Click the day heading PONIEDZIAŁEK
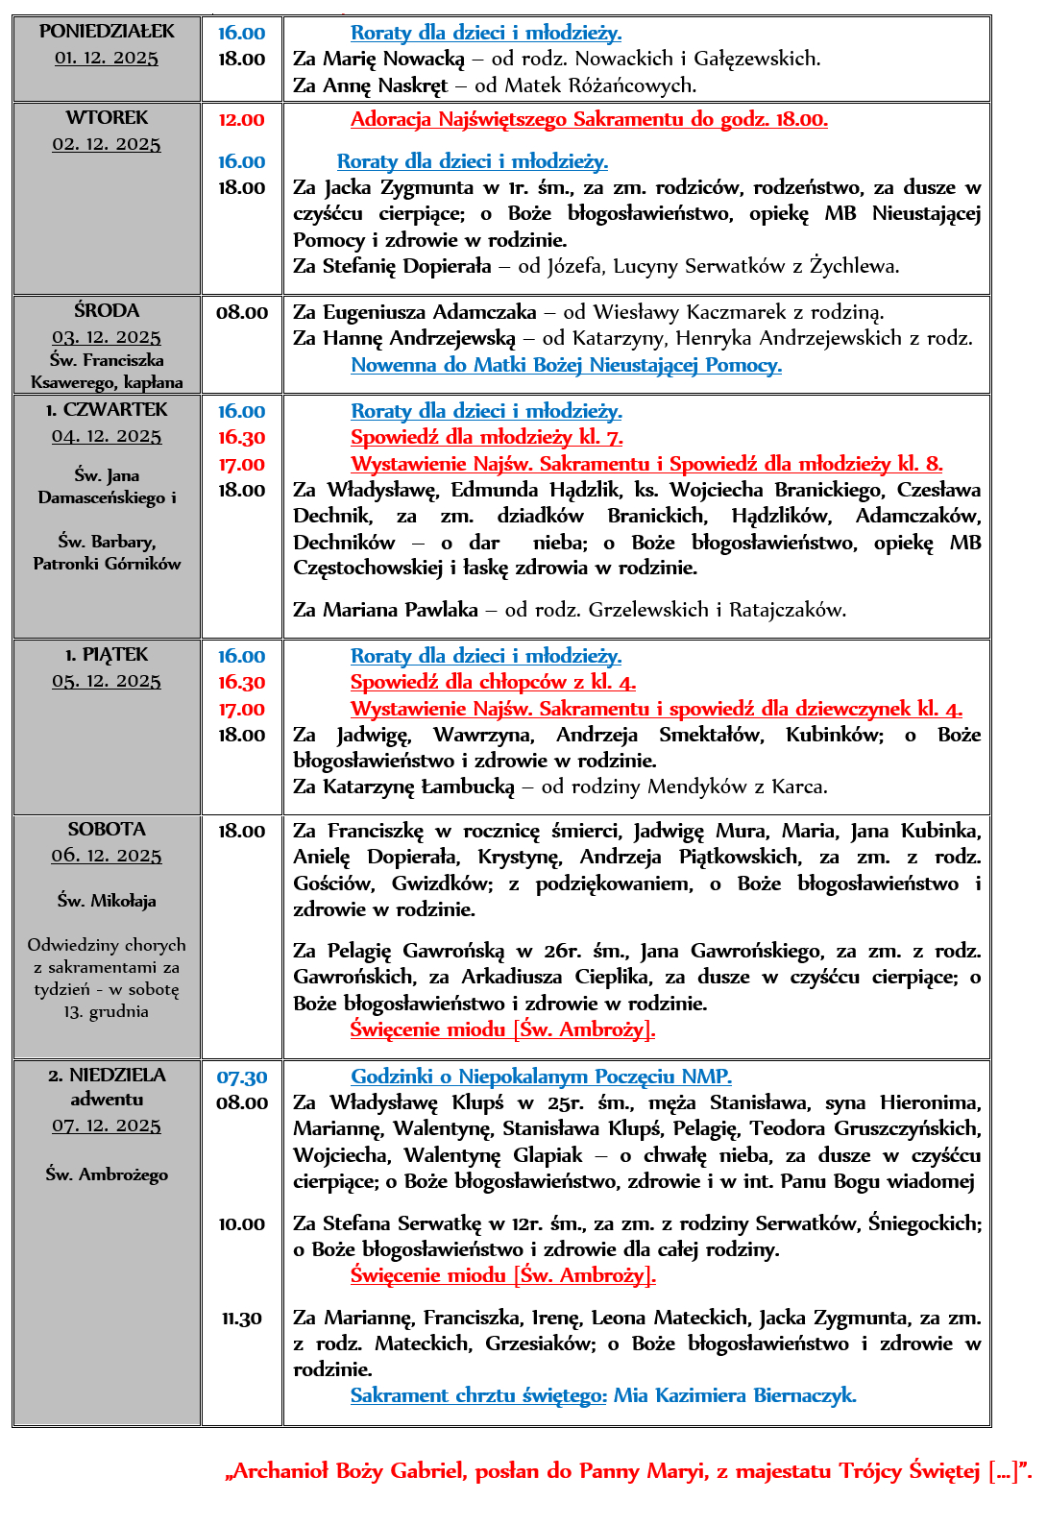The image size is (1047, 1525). pyautogui.click(x=107, y=32)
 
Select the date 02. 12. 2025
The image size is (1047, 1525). pyautogui.click(x=107, y=144)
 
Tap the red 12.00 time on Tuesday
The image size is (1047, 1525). pyautogui.click(x=241, y=120)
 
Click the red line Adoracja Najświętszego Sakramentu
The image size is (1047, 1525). pyautogui.click(x=589, y=120)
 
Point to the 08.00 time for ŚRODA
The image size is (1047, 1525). pyautogui.click(x=242, y=312)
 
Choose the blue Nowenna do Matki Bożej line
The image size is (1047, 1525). pyautogui.click(x=566, y=365)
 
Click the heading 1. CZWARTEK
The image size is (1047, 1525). pyautogui.click(x=107, y=410)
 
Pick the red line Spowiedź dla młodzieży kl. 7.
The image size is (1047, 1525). pyautogui.click(x=486, y=438)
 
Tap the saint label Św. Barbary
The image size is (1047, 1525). pyautogui.click(x=107, y=542)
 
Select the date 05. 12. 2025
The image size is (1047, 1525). pyautogui.click(x=107, y=681)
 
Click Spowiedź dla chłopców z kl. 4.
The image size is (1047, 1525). pyautogui.click(x=493, y=683)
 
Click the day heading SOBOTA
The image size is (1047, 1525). pyautogui.click(x=107, y=829)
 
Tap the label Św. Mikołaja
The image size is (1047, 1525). pyautogui.click(x=107, y=901)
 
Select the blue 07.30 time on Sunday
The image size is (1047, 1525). pyautogui.click(x=242, y=1078)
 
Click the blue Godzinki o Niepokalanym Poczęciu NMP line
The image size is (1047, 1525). pyautogui.click(x=541, y=1077)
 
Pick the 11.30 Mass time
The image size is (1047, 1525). pyautogui.click(x=242, y=1319)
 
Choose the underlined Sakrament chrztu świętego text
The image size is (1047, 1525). pyautogui.click(x=478, y=1396)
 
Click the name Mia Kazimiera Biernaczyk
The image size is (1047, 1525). pyautogui.click(x=735, y=1396)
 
